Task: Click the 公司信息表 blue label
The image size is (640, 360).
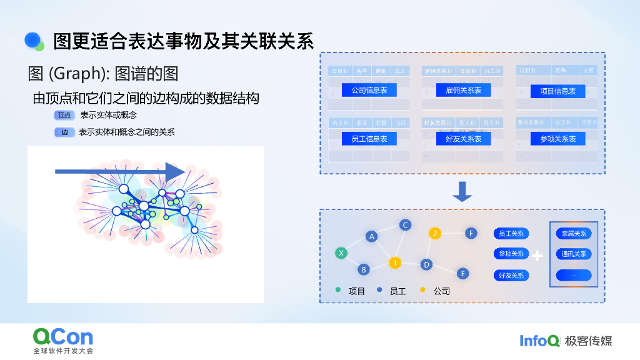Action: (x=369, y=91)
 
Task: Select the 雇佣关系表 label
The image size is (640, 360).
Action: (x=463, y=91)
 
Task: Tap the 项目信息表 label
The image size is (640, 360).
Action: (x=557, y=91)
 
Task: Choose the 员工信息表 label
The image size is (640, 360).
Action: (x=369, y=139)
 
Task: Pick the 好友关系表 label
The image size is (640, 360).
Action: (x=463, y=139)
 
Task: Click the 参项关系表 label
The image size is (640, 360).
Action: (x=557, y=139)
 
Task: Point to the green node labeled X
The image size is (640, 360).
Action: (x=341, y=253)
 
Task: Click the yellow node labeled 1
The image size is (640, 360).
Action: (x=394, y=262)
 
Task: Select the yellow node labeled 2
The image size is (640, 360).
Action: (x=435, y=234)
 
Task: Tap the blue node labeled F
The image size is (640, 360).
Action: (x=471, y=234)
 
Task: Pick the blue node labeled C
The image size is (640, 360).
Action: (x=405, y=225)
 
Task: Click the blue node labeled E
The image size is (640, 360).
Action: (x=462, y=273)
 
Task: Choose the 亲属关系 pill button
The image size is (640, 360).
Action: (x=574, y=234)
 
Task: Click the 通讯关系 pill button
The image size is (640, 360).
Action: (x=574, y=254)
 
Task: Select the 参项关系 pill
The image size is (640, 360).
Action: (x=511, y=254)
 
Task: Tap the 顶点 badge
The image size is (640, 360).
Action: (x=64, y=116)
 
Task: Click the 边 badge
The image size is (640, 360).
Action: (x=64, y=132)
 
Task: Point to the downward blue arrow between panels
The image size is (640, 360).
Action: (x=462, y=191)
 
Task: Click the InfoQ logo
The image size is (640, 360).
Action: (x=540, y=341)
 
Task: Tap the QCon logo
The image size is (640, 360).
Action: (x=63, y=337)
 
